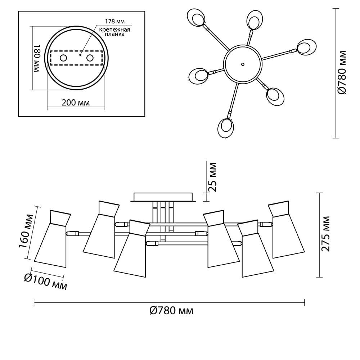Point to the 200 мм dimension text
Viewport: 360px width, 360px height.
(x=76, y=103)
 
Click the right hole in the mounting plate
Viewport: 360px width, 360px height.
(x=90, y=58)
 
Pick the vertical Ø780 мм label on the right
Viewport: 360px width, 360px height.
(x=342, y=72)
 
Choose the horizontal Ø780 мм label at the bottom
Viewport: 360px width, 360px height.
(x=171, y=311)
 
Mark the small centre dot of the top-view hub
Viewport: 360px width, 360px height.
(x=243, y=64)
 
